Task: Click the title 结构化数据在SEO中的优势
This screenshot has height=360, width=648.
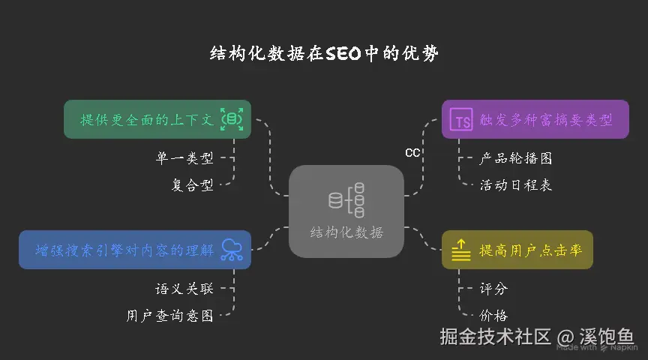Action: (x=324, y=54)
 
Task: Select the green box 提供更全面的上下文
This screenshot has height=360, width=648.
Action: (x=148, y=119)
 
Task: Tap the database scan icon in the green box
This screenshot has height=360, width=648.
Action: (x=232, y=119)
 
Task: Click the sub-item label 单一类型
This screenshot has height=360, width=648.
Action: (x=184, y=158)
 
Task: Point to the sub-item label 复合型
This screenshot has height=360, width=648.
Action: (x=192, y=185)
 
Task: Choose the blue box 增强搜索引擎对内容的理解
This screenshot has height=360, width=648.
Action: (x=124, y=250)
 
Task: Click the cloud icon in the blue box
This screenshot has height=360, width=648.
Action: (x=232, y=250)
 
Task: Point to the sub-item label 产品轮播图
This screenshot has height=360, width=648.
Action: (x=515, y=158)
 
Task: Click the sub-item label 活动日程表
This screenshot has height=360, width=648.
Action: (x=515, y=185)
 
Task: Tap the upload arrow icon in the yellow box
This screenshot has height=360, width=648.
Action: (x=461, y=250)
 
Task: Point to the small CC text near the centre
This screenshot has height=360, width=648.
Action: (x=412, y=153)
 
